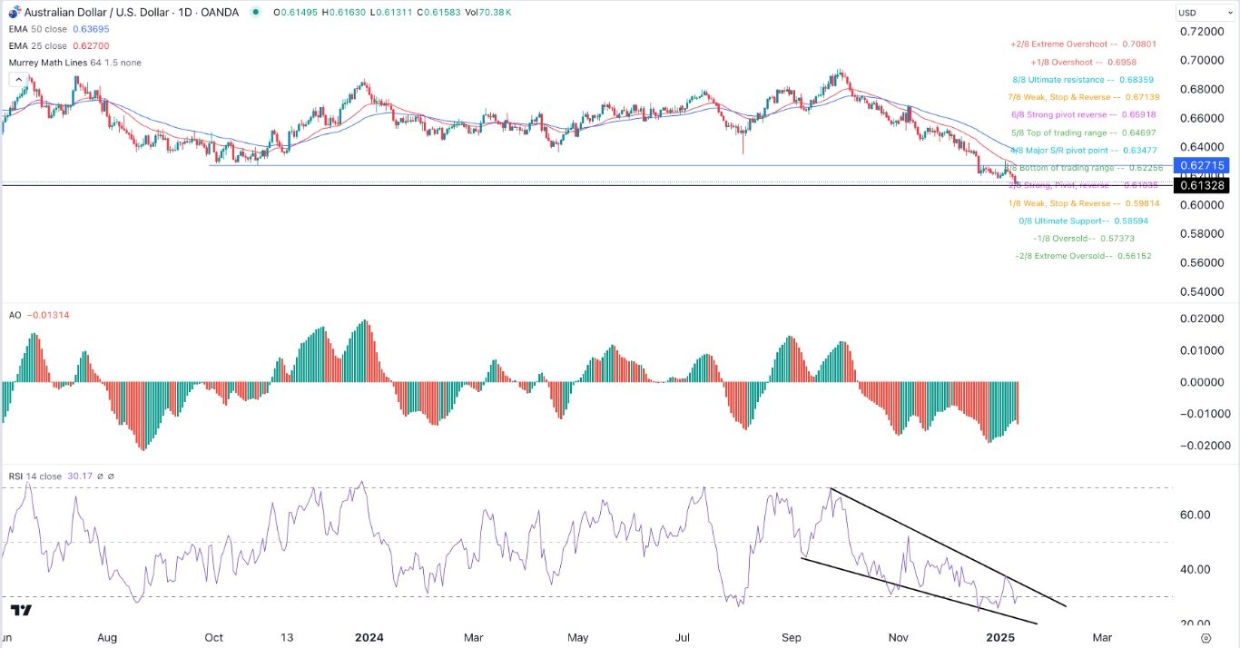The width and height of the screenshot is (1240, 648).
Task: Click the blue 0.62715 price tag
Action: (1201, 165)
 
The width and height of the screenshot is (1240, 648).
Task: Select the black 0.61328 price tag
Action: (1201, 185)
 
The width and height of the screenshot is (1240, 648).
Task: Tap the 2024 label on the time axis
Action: (369, 637)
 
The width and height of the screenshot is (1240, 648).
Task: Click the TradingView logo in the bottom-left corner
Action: (23, 611)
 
